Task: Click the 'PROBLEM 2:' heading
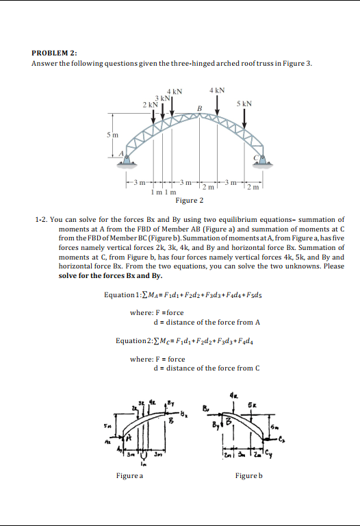[54, 52]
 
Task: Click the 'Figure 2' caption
[189, 201]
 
